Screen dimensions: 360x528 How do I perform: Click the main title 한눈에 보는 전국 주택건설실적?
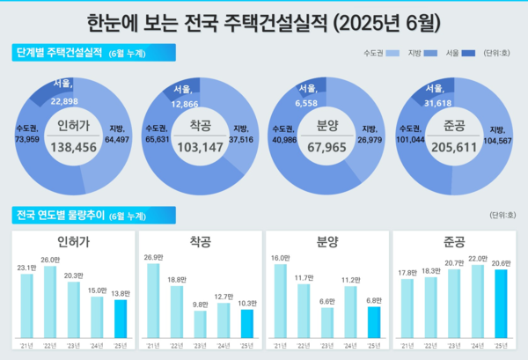coord(264,19)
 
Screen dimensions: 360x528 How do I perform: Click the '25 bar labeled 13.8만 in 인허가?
coord(120,319)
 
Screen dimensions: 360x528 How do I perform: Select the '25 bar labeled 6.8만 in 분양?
coord(374,322)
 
